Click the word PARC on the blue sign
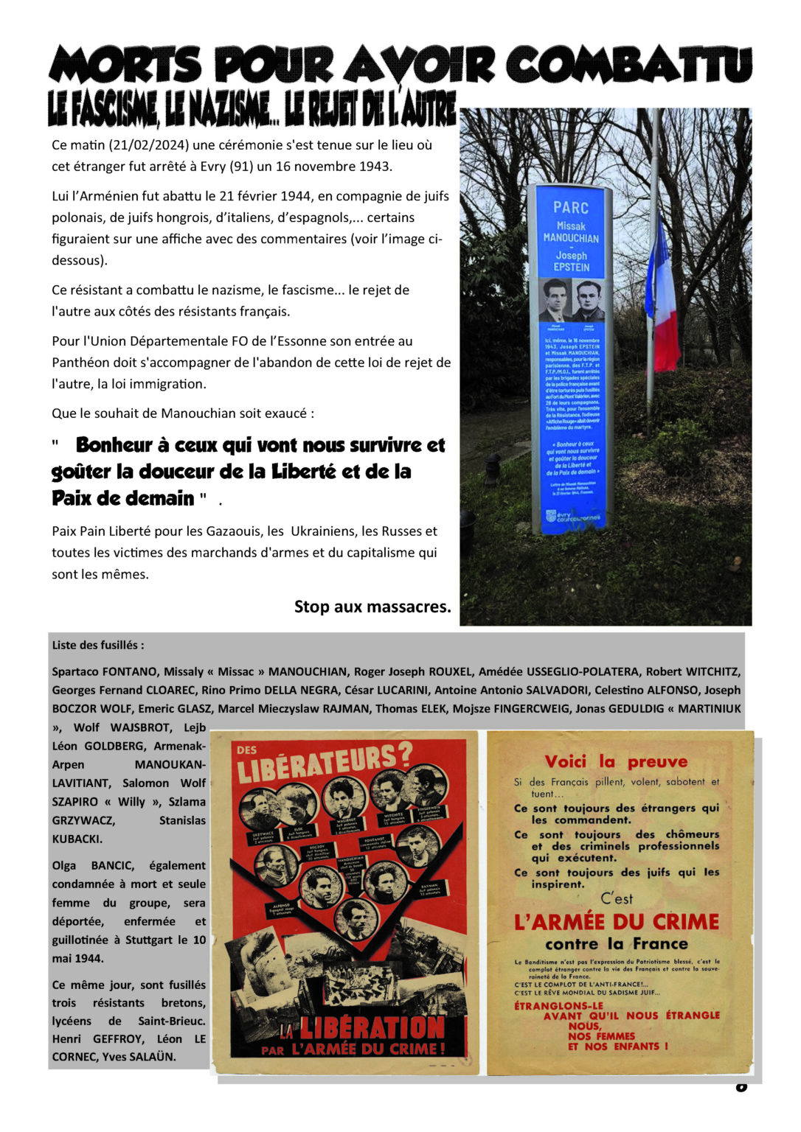point(570,207)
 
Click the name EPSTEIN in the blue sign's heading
point(572,267)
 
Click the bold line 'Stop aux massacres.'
point(372,607)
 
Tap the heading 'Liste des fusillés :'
point(98,645)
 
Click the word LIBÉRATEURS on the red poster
point(324,763)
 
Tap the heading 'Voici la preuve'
point(616,761)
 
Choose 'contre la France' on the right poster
point(617,943)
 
